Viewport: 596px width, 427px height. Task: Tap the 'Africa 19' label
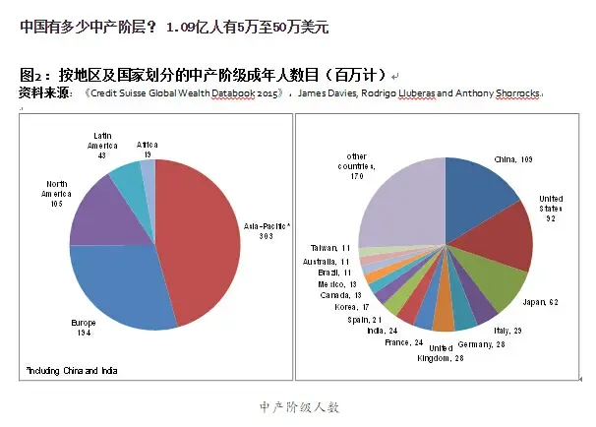tap(148, 150)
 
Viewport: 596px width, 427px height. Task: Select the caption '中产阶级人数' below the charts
tap(299, 406)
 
